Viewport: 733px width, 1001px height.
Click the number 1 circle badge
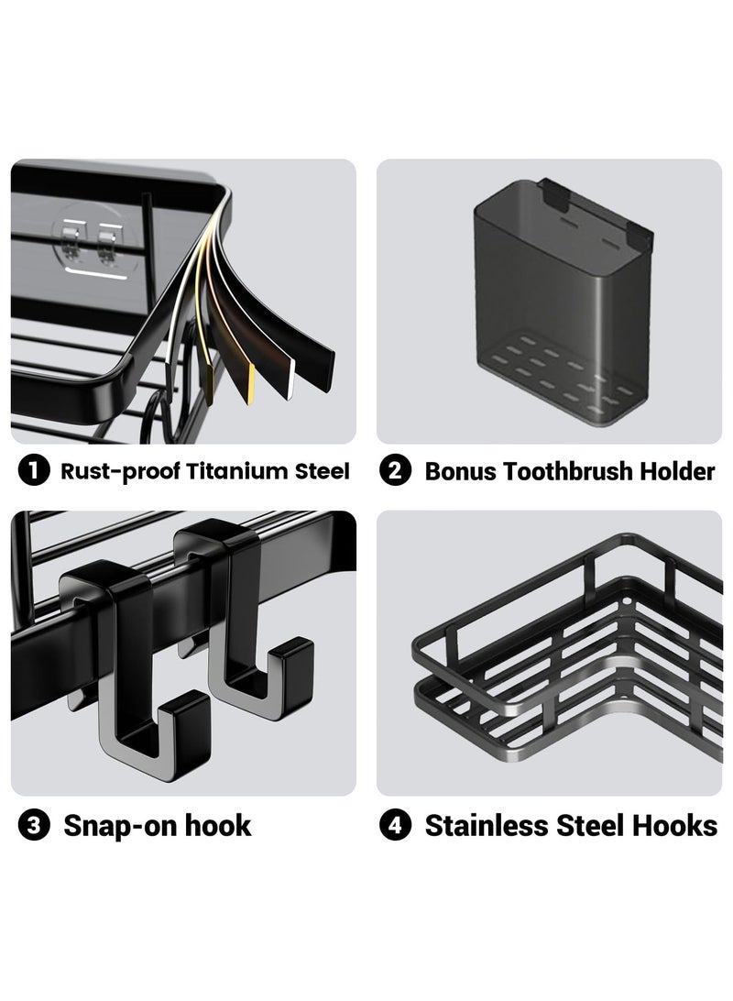click(34, 471)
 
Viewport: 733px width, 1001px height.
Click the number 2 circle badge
click(396, 471)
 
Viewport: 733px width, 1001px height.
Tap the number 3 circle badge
click(34, 825)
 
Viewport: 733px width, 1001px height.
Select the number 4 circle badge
click(396, 825)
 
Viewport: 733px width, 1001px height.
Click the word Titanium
click(237, 471)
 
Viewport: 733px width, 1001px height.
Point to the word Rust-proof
click(121, 472)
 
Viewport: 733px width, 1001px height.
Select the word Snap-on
click(120, 826)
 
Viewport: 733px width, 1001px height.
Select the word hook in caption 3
click(217, 825)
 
